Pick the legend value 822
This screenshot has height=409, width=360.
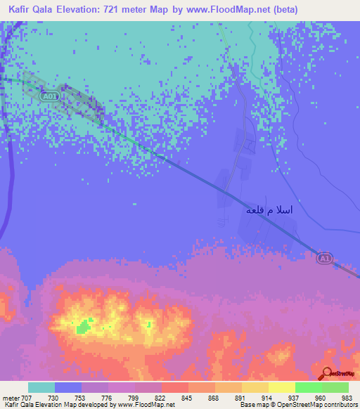162,397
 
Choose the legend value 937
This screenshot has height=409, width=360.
295,397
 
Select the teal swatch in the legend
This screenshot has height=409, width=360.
41,387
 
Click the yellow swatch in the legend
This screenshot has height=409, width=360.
255,387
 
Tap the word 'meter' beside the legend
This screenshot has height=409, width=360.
10,397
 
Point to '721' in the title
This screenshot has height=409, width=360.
118,10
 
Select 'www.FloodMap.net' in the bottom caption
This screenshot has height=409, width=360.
146,405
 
